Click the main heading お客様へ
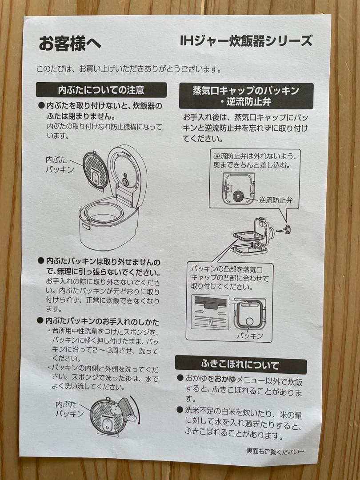click(70, 43)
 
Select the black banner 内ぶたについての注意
click(101, 90)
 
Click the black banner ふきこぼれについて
click(240, 365)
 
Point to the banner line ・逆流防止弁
click(246, 102)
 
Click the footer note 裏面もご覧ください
click(276, 451)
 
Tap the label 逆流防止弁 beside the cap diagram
click(276, 200)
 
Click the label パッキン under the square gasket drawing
click(250, 336)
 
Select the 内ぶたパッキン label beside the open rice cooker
click(60, 164)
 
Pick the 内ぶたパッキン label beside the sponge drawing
click(69, 409)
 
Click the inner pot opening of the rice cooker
click(104, 212)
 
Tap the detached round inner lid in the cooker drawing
click(96, 170)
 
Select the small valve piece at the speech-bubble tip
click(287, 228)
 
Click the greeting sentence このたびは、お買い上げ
click(129, 69)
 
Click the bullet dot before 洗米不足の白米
click(180, 410)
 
